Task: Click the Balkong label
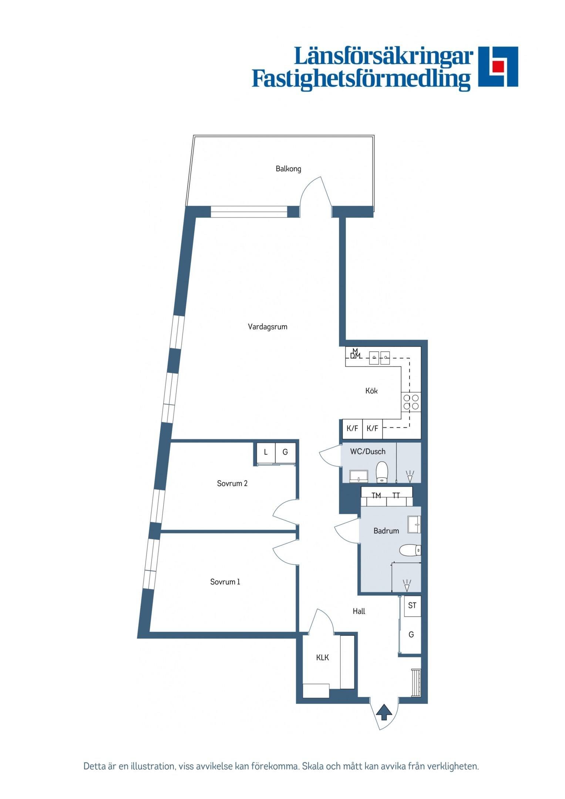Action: tap(288, 169)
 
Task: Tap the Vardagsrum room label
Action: tap(268, 327)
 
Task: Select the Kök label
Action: tap(371, 391)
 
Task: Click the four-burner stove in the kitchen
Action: tap(411, 402)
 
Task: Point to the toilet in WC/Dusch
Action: tap(382, 472)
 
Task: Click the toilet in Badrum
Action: tap(410, 550)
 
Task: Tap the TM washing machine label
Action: tap(376, 495)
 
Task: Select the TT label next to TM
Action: tap(396, 495)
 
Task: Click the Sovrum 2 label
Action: tap(232, 483)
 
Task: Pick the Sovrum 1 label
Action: tap(225, 582)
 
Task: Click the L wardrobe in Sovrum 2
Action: tap(265, 452)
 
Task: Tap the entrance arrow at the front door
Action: tap(384, 712)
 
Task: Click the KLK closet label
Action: tap(322, 658)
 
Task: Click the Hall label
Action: tap(359, 611)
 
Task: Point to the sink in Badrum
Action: tap(414, 525)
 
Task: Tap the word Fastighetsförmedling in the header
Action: tap(361, 79)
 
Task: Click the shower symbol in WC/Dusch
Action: tap(410, 476)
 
